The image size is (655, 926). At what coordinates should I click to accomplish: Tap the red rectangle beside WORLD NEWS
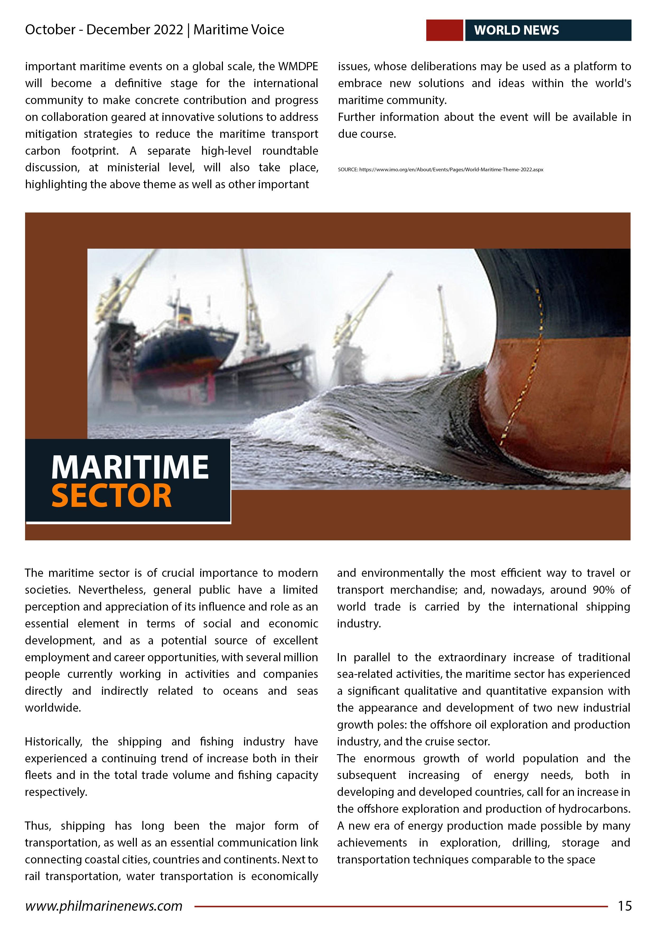coord(444,30)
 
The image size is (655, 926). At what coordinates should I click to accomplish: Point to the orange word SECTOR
coord(112,496)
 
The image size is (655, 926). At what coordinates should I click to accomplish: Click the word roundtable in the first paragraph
coord(290,151)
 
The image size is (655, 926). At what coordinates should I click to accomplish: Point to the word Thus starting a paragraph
coord(38,826)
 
